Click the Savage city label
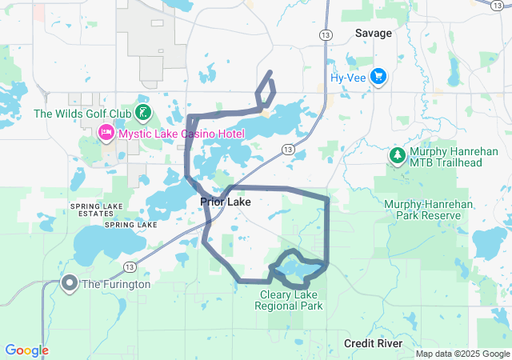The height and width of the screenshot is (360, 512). tap(374, 33)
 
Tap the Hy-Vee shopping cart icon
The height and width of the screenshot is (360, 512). tap(379, 78)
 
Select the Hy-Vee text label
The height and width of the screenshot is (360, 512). tap(349, 78)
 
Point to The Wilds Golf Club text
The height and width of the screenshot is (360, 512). tap(81, 114)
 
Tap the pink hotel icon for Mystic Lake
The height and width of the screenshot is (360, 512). tap(105, 132)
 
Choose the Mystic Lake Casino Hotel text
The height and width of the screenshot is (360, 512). tap(182, 133)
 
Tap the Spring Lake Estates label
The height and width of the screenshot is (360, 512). tap(96, 210)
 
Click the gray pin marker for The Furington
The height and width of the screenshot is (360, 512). tap(70, 283)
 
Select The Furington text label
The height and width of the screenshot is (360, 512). tap(115, 284)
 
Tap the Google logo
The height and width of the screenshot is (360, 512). tap(26, 350)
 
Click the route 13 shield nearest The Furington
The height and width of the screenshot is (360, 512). tap(129, 266)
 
